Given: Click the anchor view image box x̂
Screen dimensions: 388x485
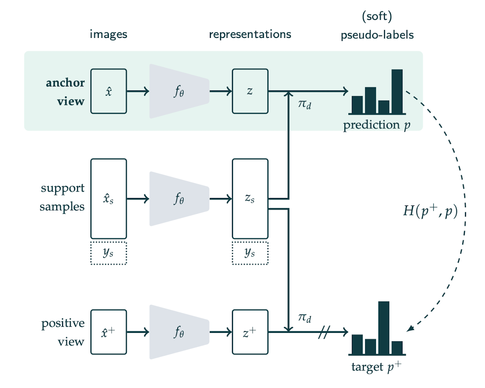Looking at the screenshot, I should coord(108,91).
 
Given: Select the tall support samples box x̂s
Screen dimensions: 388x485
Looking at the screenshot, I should coord(108,198).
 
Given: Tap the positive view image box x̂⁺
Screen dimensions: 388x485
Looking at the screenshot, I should coord(108,332).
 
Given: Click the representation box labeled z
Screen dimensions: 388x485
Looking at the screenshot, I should coord(250,91).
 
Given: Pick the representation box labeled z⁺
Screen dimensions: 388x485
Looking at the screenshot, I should coord(250,332).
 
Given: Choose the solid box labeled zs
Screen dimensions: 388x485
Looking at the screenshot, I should coord(250,198).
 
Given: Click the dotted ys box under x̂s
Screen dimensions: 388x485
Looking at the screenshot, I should coord(108,253).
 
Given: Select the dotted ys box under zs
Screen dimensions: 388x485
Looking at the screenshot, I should coord(250,253).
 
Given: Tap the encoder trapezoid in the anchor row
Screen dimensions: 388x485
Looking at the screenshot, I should coord(179,91).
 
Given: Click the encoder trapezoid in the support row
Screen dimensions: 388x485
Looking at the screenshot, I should coord(179,198).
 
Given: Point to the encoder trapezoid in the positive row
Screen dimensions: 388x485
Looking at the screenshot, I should coord(179,332).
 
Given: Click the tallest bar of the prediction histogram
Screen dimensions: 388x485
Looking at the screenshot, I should coord(397,91).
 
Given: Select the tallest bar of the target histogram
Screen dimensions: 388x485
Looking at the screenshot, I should coord(384,327).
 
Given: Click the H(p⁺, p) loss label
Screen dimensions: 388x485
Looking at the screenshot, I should coord(430,211).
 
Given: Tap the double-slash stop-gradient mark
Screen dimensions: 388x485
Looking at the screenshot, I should coord(323,332).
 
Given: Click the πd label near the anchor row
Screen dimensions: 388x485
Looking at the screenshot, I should coord(305,106).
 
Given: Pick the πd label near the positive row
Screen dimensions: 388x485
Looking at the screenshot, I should coord(305,318).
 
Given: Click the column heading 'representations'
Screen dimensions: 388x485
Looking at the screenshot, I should coord(250,34).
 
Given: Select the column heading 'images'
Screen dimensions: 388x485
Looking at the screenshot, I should coord(108,34).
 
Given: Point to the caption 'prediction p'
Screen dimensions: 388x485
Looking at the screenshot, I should coord(377,125).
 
